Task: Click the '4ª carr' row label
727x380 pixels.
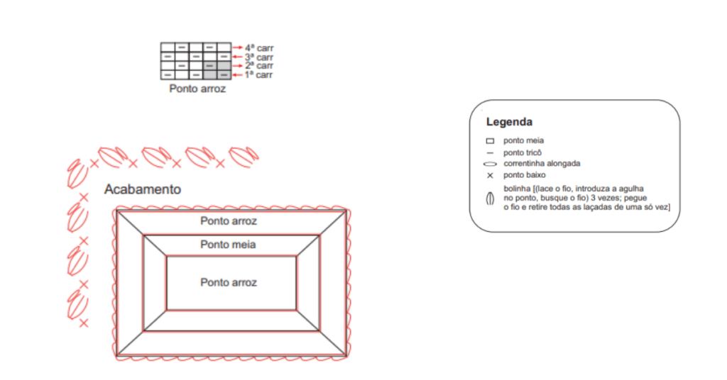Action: click(259, 48)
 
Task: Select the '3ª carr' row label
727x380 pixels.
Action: click(259, 57)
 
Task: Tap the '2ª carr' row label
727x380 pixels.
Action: click(259, 66)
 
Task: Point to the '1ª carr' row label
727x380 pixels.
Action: click(259, 74)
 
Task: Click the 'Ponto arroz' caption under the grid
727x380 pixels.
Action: click(197, 89)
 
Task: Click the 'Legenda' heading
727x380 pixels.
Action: click(509, 122)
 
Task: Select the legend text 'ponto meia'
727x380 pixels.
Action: click(523, 140)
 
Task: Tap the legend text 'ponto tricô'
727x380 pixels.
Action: click(523, 152)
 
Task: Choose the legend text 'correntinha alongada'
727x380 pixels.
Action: click(542, 163)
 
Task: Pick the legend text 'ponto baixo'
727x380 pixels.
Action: click(525, 175)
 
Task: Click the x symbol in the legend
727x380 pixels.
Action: click(490, 175)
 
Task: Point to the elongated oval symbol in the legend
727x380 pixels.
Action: click(490, 164)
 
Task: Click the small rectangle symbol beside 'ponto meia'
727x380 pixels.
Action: click(490, 140)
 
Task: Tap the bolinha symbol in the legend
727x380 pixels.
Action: click(490, 199)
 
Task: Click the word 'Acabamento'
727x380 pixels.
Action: click(142, 189)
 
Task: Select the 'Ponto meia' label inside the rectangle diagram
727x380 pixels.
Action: click(228, 245)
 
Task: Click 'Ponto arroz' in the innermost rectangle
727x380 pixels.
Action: click(229, 282)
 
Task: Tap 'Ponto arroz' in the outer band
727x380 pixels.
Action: click(229, 220)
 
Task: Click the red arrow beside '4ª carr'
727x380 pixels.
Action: click(237, 47)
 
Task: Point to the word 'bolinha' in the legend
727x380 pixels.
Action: click(517, 189)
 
